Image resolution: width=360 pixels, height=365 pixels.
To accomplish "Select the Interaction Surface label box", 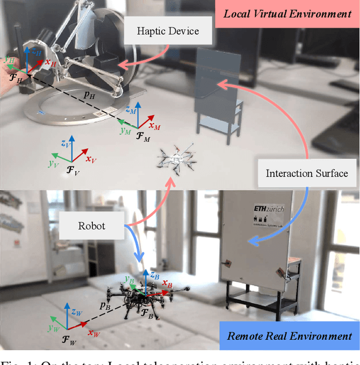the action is click(x=307, y=173).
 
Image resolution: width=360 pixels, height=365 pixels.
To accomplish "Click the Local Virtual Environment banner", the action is click(x=287, y=13).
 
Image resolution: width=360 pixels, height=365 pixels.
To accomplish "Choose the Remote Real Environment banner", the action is click(x=289, y=336).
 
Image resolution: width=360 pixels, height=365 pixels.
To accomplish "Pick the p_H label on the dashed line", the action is click(x=89, y=95).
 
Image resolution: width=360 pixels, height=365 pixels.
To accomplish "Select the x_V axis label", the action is click(x=91, y=159).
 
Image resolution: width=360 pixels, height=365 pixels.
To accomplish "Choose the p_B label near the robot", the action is click(x=105, y=307).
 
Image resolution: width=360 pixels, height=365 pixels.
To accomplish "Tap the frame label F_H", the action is click(x=16, y=79).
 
